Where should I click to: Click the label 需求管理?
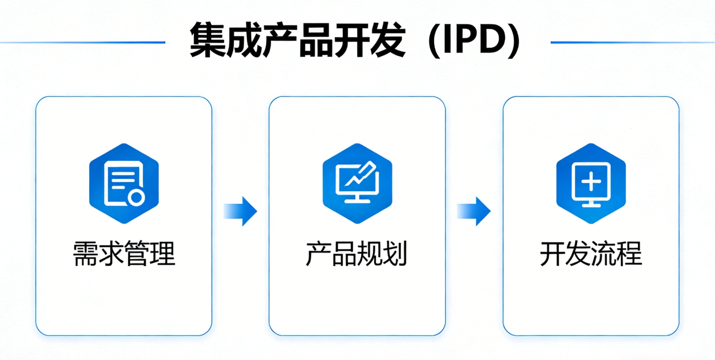click(x=124, y=255)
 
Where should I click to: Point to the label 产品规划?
click(x=357, y=255)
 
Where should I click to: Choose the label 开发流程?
click(x=591, y=255)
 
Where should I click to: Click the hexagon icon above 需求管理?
click(x=124, y=183)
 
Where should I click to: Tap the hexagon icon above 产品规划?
click(x=357, y=183)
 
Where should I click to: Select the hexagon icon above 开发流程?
click(x=591, y=183)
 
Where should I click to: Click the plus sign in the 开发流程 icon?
click(x=591, y=180)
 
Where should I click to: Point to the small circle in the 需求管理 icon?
click(x=136, y=197)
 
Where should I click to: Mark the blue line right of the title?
click(x=633, y=42)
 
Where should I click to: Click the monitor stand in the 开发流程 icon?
click(x=591, y=202)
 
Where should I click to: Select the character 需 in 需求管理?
click(x=86, y=255)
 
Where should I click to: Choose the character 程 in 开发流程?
click(x=629, y=255)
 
